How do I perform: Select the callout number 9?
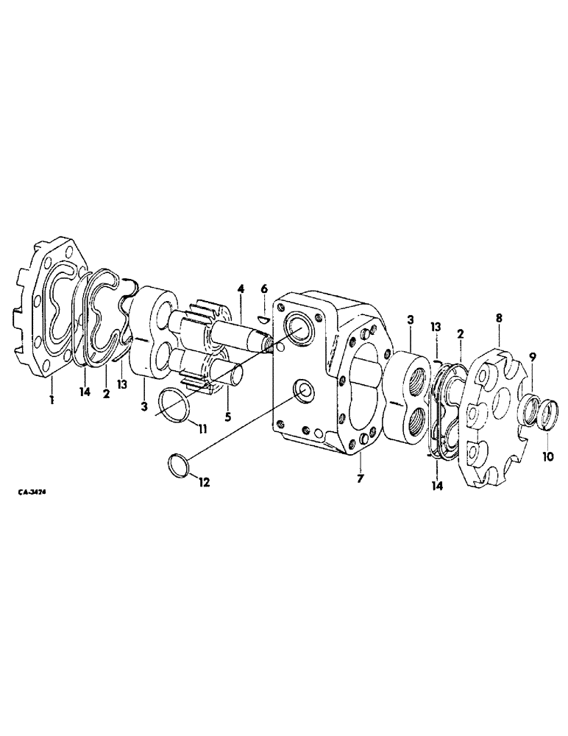coord(533,357)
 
